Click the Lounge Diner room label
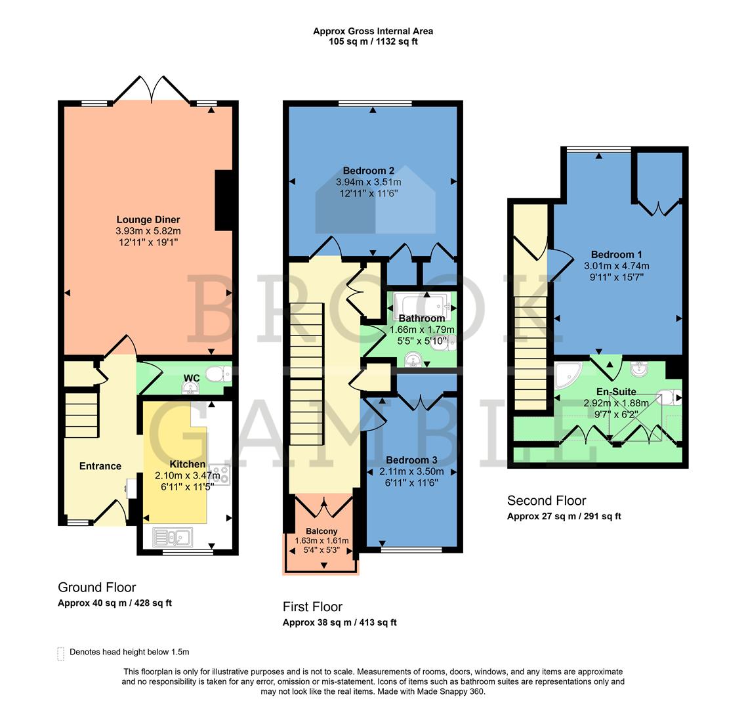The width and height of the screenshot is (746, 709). [x=148, y=219]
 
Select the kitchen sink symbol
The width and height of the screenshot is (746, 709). [x=173, y=537]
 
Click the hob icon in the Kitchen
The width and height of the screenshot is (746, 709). [x=220, y=475]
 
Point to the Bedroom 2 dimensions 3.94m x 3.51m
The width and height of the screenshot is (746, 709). [x=368, y=182]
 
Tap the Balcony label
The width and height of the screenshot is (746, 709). [x=321, y=531]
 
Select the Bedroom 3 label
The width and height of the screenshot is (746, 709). [x=411, y=460]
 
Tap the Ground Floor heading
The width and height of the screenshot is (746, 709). [x=97, y=587]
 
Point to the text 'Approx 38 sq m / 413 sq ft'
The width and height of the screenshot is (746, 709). [x=339, y=622]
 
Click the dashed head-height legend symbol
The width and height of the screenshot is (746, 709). [x=61, y=653]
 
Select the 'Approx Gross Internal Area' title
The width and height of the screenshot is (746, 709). [x=373, y=31]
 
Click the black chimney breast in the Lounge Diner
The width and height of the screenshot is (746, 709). [x=224, y=200]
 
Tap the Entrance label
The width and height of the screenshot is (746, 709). [x=100, y=466]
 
